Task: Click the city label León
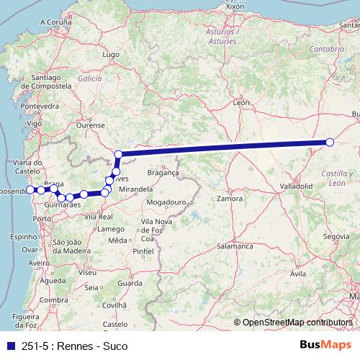[242, 103]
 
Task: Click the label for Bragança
[163, 174]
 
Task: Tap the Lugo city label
[111, 54]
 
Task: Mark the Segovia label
[336, 236]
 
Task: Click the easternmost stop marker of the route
[330, 142]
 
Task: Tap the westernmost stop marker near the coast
[30, 189]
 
